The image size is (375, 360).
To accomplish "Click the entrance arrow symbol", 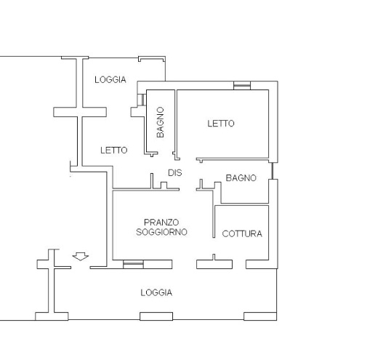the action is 81,256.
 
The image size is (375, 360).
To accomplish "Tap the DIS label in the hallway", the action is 175,172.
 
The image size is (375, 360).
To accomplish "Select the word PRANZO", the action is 161,222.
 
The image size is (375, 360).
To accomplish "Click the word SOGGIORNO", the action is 161,232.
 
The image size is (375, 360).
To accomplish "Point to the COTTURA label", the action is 242,233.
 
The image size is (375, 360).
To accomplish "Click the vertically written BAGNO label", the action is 160,122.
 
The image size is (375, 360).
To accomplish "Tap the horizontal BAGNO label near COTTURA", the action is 241,178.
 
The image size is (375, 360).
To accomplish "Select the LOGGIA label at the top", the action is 110,79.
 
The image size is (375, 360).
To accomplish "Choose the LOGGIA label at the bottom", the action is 156,292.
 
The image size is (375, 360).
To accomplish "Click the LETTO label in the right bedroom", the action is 221,124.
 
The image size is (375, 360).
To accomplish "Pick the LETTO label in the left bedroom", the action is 114,151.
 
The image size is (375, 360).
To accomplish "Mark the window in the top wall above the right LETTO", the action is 242,85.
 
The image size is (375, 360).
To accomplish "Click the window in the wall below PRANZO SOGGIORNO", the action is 133,264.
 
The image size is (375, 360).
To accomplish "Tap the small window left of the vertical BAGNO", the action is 142,100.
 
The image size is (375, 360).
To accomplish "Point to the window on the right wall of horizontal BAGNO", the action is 273,171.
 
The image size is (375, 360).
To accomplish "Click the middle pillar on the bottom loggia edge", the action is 156,316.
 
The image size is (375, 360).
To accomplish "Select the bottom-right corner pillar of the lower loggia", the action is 260,316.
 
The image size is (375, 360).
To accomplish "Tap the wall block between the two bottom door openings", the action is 214,264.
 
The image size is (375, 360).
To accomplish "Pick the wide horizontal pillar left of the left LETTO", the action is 80,112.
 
